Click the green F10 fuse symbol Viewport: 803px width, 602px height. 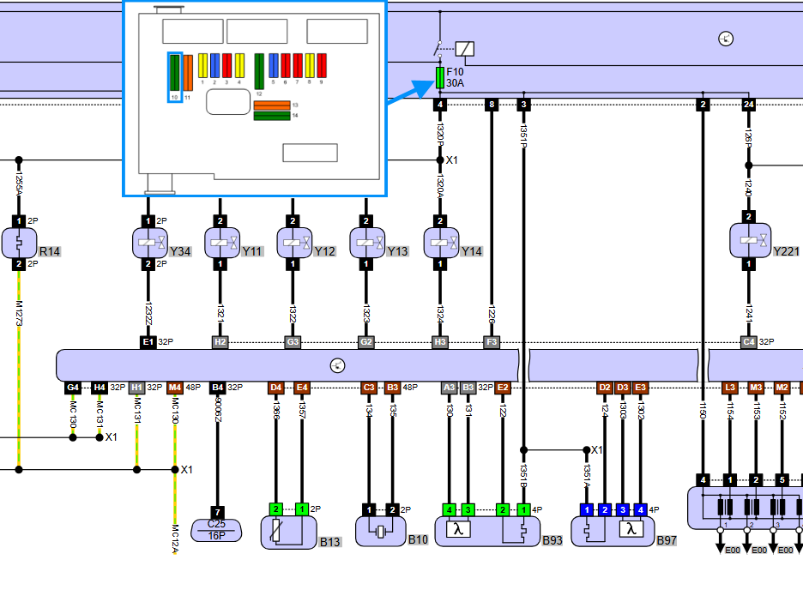[x=440, y=78]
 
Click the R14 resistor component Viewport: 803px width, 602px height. [x=18, y=244]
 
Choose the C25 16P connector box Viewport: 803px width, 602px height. [x=218, y=529]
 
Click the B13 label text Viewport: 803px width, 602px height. [x=330, y=541]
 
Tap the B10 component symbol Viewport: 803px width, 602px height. [x=380, y=531]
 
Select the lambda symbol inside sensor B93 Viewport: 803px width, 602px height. [x=459, y=529]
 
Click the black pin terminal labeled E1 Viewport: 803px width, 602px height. [x=148, y=342]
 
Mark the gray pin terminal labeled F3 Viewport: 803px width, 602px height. [x=492, y=342]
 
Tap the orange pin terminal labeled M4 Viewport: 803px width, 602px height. [x=175, y=388]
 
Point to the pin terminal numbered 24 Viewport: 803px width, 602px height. [x=749, y=105]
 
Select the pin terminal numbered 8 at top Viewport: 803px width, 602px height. [x=492, y=105]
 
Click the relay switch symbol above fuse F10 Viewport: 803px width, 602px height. [x=453, y=48]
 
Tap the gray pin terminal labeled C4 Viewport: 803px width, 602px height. [x=749, y=342]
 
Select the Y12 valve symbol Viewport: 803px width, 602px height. [x=293, y=244]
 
